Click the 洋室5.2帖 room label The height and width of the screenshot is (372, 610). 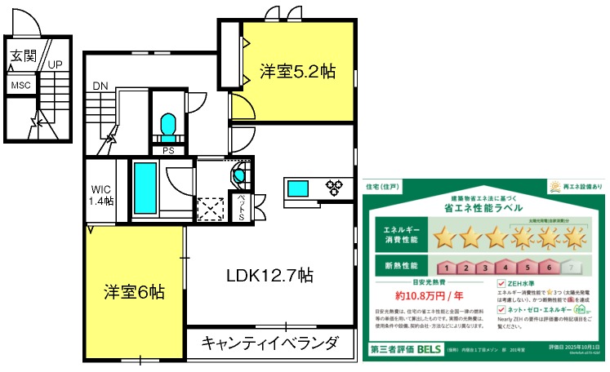click(298, 71)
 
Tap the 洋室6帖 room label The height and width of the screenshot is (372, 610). click(135, 291)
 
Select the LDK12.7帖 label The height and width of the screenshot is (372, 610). click(269, 275)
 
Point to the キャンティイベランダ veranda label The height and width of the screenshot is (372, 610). click(269, 342)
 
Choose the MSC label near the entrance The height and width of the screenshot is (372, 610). click(20, 85)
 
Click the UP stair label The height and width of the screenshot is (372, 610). click(56, 64)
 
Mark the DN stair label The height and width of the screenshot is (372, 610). click(100, 86)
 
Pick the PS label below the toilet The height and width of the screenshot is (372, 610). click(167, 149)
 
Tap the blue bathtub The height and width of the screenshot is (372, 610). click(145, 188)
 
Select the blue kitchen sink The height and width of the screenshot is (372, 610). click(296, 188)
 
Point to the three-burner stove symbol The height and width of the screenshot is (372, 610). click(336, 187)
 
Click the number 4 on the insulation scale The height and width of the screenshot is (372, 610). click(505, 267)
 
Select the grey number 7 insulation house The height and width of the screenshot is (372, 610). click(574, 267)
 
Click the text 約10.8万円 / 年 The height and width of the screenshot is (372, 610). click(430, 295)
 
